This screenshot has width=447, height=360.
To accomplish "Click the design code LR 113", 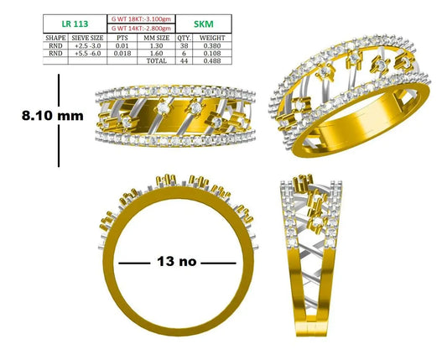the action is (x=75, y=24).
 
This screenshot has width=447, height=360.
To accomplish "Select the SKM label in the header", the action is (x=204, y=24).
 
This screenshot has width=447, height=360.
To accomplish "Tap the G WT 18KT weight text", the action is (x=141, y=19).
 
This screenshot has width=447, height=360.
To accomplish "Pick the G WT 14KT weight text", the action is (x=141, y=29).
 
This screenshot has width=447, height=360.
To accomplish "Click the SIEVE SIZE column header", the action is (x=87, y=38).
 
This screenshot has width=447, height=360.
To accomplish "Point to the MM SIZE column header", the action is (x=156, y=38).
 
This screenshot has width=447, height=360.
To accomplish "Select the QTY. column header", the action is (x=184, y=38).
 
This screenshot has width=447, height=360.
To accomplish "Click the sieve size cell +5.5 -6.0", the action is (x=88, y=54).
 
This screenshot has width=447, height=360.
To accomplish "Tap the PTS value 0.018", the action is (x=122, y=54).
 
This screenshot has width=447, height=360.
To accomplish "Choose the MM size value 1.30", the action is (x=156, y=45).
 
